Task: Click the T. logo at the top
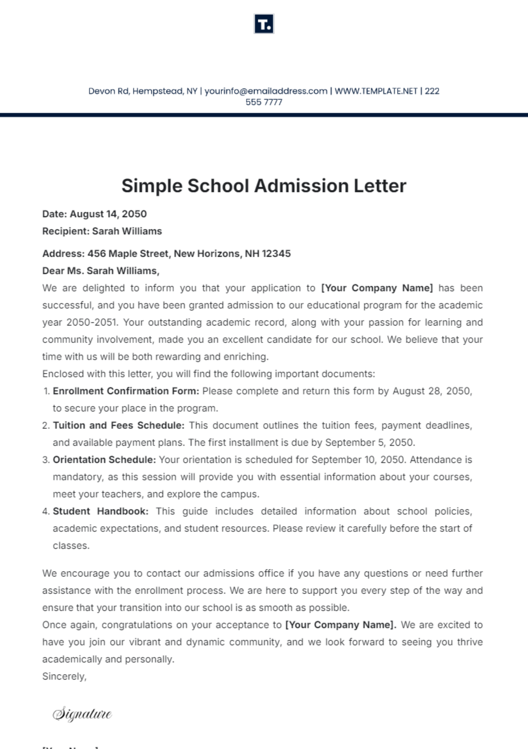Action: click(264, 24)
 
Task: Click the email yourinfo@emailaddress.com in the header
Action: click(266, 91)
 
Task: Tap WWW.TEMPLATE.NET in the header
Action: click(376, 91)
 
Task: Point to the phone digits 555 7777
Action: click(264, 102)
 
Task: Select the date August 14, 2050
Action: click(108, 214)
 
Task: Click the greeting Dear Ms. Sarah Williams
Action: click(101, 271)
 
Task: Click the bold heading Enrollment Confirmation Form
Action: click(126, 391)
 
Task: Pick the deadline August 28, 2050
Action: click(432, 391)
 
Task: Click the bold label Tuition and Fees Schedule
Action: click(118, 425)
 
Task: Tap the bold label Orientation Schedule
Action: click(104, 460)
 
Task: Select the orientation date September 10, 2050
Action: click(357, 460)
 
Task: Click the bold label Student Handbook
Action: click(100, 511)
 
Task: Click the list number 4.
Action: click(46, 511)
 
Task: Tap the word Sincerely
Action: click(64, 676)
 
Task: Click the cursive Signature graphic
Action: click(82, 713)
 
